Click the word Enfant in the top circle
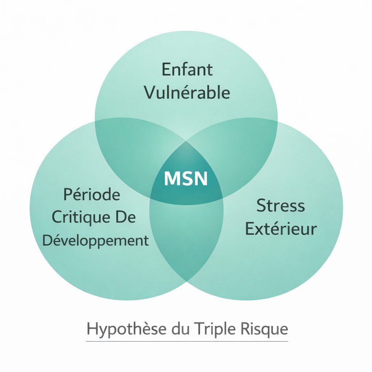pos(187,69)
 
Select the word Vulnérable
pos(187,92)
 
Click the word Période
pos(92,195)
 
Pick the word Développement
pos(95,240)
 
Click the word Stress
pos(280,206)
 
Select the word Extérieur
pos(280,229)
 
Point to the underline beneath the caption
pos(187,341)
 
